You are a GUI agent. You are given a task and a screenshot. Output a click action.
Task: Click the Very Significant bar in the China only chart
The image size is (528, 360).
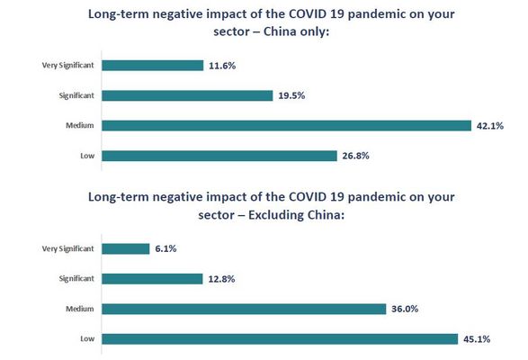153,66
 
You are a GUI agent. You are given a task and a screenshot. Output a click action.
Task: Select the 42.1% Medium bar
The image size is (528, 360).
287,126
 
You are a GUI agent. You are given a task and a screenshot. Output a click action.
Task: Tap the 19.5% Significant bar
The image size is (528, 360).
187,95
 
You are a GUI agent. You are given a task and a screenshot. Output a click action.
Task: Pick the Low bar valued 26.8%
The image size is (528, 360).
219,156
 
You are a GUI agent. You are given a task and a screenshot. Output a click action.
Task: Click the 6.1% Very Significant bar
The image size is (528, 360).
126,248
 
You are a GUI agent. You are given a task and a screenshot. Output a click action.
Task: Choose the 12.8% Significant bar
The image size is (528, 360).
152,279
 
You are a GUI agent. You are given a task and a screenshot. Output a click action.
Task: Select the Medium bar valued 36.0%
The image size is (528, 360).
244,309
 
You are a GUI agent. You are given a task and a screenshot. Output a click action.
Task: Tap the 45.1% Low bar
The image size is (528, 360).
280,338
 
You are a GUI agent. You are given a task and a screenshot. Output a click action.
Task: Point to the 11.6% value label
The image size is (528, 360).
222,66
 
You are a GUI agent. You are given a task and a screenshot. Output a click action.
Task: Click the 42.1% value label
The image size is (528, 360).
490,126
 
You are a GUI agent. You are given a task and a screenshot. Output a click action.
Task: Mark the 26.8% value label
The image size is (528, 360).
355,156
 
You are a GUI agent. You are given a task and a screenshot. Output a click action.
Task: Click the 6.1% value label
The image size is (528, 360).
166,248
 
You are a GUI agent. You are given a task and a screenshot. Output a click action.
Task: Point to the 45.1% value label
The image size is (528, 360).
477,339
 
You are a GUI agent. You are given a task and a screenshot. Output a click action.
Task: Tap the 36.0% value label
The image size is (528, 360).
405,309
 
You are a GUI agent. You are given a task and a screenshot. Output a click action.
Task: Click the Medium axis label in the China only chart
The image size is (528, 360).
80,125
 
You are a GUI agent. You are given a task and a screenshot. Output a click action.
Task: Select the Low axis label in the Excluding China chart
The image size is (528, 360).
87,338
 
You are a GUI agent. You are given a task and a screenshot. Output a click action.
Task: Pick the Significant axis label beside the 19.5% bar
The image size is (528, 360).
76,95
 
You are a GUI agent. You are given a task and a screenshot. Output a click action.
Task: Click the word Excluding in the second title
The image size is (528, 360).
275,215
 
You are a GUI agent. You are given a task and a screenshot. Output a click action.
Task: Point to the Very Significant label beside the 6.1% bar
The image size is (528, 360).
67,248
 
